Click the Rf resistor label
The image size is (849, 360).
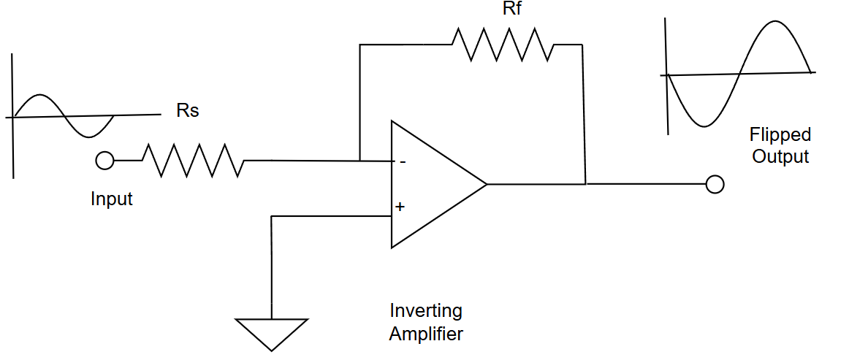(x=511, y=10)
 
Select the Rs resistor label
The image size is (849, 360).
(x=188, y=112)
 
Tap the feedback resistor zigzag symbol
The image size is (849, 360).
(x=503, y=45)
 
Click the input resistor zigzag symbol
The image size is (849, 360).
(x=193, y=161)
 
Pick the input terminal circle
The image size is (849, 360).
(x=105, y=161)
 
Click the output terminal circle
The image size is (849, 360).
(x=715, y=184)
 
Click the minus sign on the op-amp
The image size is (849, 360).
(x=400, y=161)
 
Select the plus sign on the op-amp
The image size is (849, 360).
(x=400, y=207)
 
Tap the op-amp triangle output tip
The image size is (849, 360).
(x=485, y=184)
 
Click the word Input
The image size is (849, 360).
(x=112, y=199)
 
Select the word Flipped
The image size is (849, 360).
(x=780, y=134)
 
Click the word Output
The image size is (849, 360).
(x=780, y=156)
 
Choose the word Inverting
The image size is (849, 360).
(x=426, y=310)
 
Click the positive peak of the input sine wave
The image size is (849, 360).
(x=41, y=95)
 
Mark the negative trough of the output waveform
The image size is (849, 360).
(x=702, y=126)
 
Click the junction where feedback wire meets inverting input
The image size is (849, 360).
(x=360, y=161)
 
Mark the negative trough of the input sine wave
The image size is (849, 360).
(x=89, y=137)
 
